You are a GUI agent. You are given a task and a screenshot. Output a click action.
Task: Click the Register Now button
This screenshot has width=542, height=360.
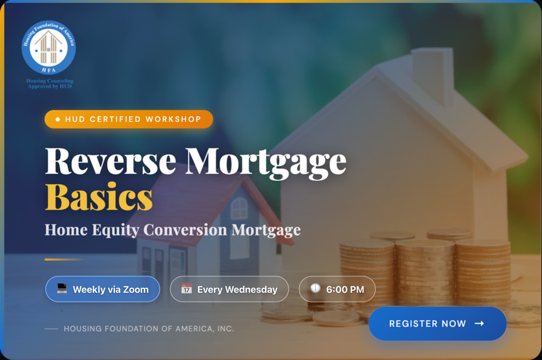coord(437,323)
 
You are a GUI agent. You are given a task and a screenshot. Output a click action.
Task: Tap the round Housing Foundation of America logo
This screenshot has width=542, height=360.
coord(49,47)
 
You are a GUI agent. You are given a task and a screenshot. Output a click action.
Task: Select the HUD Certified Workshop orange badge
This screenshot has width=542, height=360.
coord(128,119)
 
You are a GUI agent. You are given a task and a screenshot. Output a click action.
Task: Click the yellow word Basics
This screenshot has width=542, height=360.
coord(99,197)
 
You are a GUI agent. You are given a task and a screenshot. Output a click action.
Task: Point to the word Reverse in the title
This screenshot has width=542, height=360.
coord(111,161)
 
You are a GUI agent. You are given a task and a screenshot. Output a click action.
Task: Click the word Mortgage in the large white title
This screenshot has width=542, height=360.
coord(265,163)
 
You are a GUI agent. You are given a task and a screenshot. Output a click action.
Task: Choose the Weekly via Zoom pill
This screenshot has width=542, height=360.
coord(102,289)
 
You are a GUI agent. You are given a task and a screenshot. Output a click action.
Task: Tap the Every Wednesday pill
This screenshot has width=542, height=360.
coord(229,289)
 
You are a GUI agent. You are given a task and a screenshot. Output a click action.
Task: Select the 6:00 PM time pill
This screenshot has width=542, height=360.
coord(337,289)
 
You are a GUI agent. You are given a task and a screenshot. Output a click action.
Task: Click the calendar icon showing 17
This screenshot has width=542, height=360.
coord(187,288)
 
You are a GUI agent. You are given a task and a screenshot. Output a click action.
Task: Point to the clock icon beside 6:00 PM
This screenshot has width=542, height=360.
coord(315,288)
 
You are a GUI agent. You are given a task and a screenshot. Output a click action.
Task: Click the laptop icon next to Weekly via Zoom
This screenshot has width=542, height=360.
coord(62,288)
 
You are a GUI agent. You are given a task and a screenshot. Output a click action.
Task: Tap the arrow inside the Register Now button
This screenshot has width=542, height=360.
coord(479,323)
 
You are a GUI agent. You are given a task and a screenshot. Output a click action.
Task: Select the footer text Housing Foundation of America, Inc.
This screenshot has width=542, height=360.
coord(149,329)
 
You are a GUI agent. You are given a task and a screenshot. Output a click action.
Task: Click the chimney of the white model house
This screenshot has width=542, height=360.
coord(432,74)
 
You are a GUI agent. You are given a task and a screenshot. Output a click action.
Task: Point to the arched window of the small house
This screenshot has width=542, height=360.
coord(239,208)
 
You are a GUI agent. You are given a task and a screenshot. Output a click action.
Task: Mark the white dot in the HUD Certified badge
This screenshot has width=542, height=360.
coord(58,119)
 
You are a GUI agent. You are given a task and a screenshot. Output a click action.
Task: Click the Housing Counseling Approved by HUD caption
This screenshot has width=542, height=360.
coord(50,83)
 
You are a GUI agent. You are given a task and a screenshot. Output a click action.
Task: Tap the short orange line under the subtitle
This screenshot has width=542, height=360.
coord(64,260)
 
